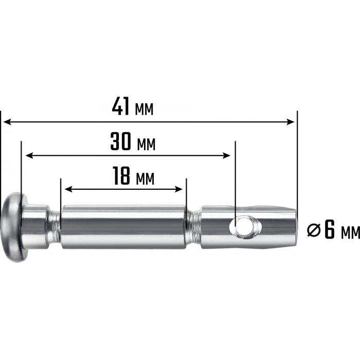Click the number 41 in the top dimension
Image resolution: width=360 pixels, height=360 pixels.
120,106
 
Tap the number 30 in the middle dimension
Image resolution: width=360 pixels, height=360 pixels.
120,141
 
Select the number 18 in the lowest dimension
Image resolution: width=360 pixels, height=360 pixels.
122,176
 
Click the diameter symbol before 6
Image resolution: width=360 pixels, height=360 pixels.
314,230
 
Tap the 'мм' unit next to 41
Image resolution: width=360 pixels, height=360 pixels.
144,109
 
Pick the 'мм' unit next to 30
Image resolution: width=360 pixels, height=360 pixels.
146,145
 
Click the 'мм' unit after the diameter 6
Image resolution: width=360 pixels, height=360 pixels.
351,233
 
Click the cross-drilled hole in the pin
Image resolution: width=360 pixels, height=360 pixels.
244,227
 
